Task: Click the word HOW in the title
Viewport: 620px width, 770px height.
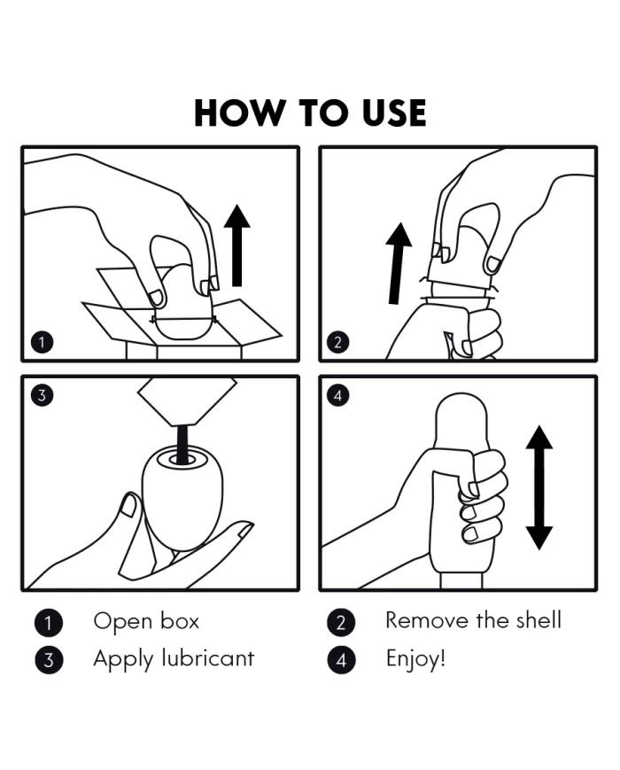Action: (x=239, y=113)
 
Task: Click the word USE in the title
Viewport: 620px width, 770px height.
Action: (x=393, y=113)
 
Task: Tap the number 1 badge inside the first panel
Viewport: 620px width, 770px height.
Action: (x=42, y=342)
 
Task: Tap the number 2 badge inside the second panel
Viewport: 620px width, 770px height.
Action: (x=337, y=342)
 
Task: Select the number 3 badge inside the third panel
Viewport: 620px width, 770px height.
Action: (x=42, y=395)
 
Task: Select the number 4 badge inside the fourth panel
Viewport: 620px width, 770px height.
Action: (x=337, y=395)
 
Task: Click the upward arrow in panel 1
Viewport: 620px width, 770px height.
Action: (x=237, y=245)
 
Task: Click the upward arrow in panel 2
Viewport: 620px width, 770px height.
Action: (x=398, y=263)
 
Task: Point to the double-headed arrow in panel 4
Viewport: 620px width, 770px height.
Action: (x=539, y=487)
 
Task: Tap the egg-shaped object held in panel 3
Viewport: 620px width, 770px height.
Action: (x=182, y=496)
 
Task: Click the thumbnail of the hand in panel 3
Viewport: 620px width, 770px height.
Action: (x=129, y=505)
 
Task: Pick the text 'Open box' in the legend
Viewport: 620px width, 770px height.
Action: (x=146, y=621)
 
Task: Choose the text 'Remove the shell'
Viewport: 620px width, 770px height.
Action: (x=473, y=620)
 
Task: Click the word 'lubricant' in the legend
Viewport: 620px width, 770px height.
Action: (x=207, y=658)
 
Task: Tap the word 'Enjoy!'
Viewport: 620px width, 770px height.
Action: (x=415, y=659)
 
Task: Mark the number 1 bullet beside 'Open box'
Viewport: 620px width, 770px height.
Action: (x=49, y=622)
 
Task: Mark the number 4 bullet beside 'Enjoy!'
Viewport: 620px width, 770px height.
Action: (x=341, y=659)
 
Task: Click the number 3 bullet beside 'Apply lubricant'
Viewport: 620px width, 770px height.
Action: (x=49, y=659)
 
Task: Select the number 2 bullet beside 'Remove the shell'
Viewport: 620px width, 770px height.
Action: (x=341, y=622)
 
